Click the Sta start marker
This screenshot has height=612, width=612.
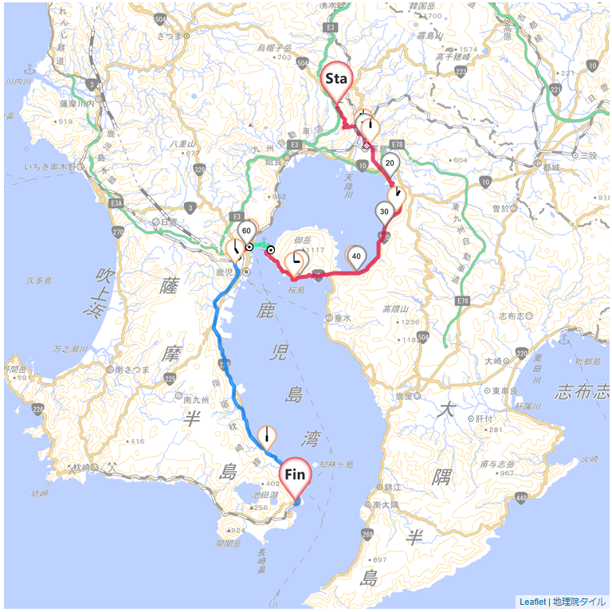pos(335,79)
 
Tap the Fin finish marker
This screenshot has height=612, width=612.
pos(295,475)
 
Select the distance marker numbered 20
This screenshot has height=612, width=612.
pos(390,163)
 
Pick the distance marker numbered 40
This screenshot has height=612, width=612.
pos(356,256)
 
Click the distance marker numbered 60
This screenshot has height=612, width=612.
pos(246,231)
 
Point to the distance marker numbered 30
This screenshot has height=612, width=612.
pos(384,212)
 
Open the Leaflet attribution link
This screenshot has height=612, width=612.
pos(532,602)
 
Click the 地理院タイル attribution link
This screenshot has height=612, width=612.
pos(579,602)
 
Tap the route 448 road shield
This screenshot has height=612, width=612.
pos(521,498)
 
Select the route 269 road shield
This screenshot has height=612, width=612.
pos(367,534)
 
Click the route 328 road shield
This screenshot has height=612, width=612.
pos(199,169)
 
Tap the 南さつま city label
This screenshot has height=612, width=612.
pos(131,370)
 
